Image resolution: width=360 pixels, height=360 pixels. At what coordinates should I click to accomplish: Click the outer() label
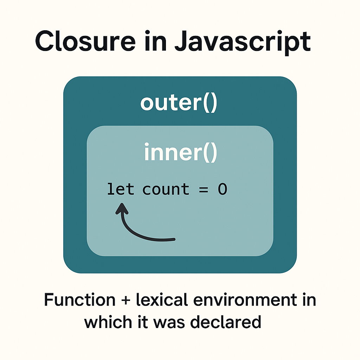pos(179,103)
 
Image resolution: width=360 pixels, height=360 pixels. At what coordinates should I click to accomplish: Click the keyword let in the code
pos(120,189)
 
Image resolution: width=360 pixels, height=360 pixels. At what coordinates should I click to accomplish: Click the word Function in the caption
pos(79,300)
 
